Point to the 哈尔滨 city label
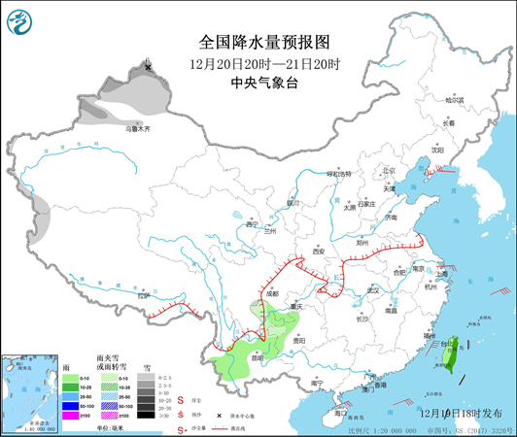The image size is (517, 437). coord(455,100)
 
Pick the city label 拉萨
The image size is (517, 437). coord(146,295)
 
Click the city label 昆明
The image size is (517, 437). coord(257,356)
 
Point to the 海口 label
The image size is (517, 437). coord(340,413)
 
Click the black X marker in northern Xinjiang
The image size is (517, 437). coord(148,67)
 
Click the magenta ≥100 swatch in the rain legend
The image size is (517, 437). coord(71,414)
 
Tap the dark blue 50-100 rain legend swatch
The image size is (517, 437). coord(71,404)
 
